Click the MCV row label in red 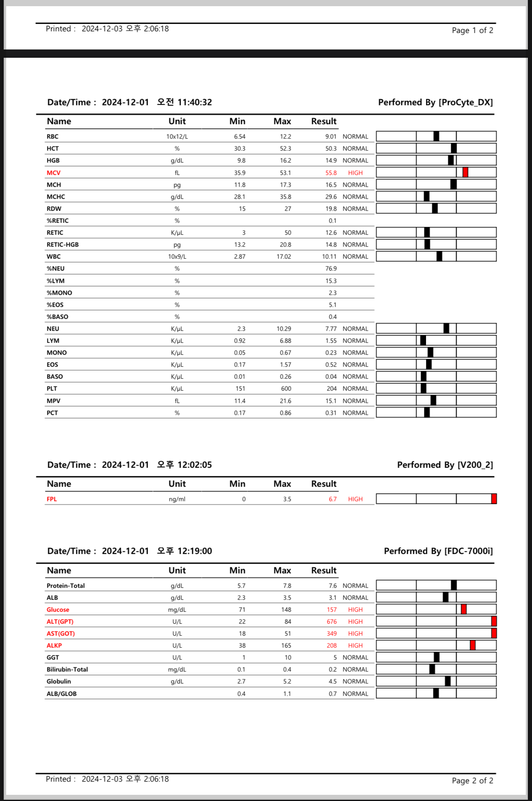tap(54, 173)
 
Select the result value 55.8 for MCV tap(331, 173)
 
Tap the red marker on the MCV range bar tap(465, 172)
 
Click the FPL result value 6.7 tap(332, 499)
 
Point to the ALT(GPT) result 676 tap(332, 622)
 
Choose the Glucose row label tap(58, 610)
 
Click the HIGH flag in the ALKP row tap(355, 646)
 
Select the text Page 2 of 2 tap(472, 780)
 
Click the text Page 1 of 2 tap(472, 30)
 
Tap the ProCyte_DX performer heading tap(435, 102)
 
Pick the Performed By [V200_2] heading tap(445, 465)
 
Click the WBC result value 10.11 tap(329, 257)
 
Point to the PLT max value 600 tap(286, 389)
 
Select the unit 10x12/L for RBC tap(177, 137)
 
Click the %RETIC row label tap(58, 221)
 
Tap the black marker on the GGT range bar tap(437, 657)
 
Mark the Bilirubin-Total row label tap(67, 669)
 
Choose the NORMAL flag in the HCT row tap(355, 148)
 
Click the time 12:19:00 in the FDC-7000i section tap(195, 551)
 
